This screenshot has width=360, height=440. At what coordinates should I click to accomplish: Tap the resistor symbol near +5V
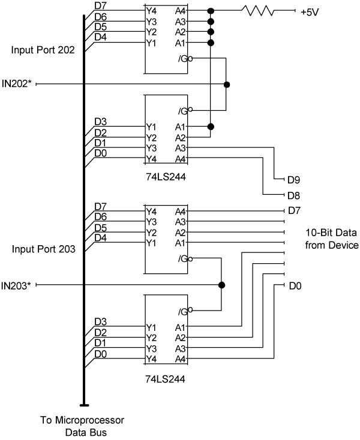pos(257,10)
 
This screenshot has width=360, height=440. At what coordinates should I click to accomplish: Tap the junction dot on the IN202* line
pos(226,85)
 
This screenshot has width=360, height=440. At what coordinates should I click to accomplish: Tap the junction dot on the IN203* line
pos(221,285)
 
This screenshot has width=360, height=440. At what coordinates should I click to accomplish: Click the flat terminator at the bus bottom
pos(83,406)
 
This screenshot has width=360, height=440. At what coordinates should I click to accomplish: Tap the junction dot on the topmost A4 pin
pos(210,11)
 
